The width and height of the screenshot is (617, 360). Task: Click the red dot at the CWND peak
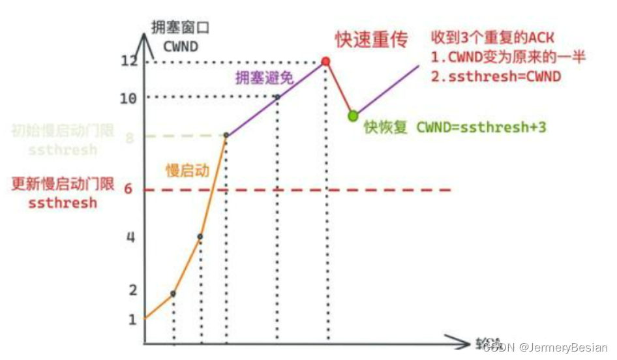pyautogui.click(x=325, y=61)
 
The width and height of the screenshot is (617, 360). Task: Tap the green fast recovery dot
pyautogui.click(x=353, y=115)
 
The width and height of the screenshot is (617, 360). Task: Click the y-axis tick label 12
pyautogui.click(x=129, y=61)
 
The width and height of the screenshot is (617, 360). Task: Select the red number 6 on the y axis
pyautogui.click(x=129, y=189)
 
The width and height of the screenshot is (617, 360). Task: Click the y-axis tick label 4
pyautogui.click(x=130, y=237)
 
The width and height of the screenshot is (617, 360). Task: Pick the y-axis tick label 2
pyautogui.click(x=132, y=290)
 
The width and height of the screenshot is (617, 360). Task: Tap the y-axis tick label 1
pyautogui.click(x=132, y=320)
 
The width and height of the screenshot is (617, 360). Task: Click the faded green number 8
pyautogui.click(x=130, y=138)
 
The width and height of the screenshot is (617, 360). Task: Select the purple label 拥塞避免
pyautogui.click(x=264, y=78)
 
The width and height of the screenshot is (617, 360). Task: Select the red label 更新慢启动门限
pyautogui.click(x=63, y=184)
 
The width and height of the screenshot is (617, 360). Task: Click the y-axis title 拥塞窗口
pyautogui.click(x=173, y=27)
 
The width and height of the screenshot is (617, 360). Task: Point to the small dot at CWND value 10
pyautogui.click(x=277, y=97)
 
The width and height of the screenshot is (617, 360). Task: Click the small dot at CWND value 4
pyautogui.click(x=200, y=236)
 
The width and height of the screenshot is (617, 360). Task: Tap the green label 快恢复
pyautogui.click(x=386, y=127)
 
